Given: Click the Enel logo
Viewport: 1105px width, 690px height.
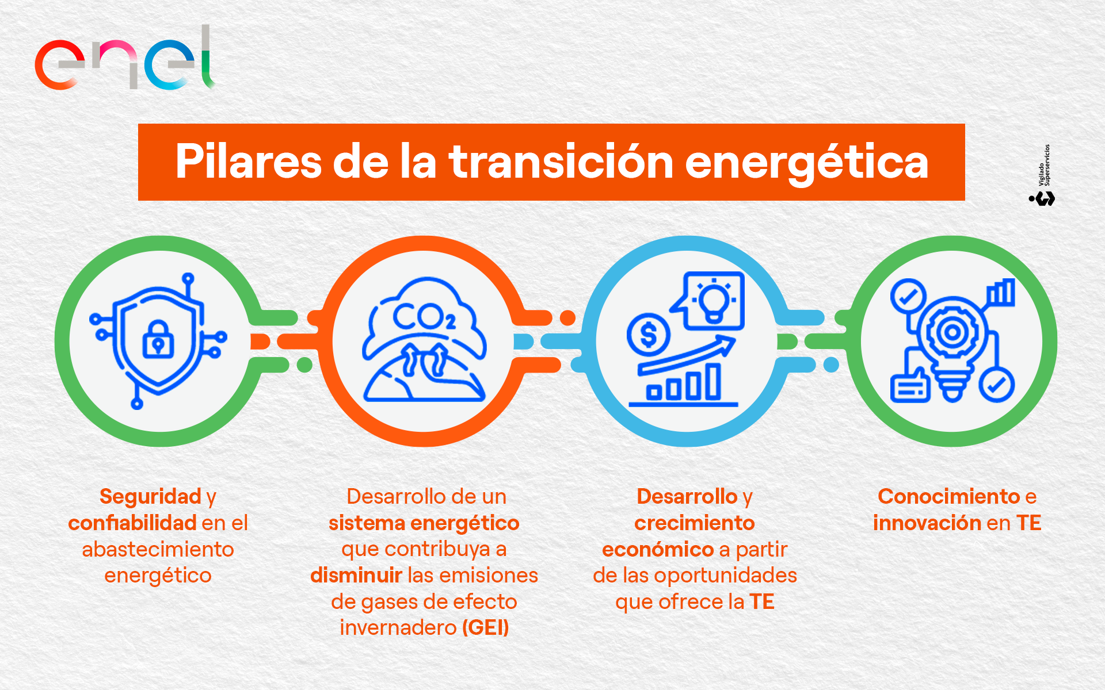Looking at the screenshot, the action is [125, 58].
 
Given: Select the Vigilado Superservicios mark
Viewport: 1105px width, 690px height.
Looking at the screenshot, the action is [1042, 175].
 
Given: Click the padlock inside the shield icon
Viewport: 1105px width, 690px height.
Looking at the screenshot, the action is [158, 339].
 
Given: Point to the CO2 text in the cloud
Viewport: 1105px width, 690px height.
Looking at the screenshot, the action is [424, 316].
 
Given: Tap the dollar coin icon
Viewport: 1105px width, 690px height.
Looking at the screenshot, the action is [649, 334].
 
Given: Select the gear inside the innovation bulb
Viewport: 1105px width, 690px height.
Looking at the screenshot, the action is [952, 332].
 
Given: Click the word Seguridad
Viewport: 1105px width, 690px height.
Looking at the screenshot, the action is [150, 496].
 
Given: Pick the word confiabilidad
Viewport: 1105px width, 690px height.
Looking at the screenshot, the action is [132, 523].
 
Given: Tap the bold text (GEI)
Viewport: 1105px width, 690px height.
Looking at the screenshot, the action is [486, 627].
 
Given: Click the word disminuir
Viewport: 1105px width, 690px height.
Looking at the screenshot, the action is [356, 575].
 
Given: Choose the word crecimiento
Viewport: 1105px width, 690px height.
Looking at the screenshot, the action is [695, 523].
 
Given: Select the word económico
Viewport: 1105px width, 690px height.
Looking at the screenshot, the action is [658, 550].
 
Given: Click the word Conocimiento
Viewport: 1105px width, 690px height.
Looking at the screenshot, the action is [949, 496].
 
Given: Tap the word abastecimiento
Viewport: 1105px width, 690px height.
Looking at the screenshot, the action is [158, 549].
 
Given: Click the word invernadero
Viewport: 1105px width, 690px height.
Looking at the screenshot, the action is [398, 627].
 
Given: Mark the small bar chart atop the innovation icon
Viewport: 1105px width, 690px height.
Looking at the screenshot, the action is [1001, 293].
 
